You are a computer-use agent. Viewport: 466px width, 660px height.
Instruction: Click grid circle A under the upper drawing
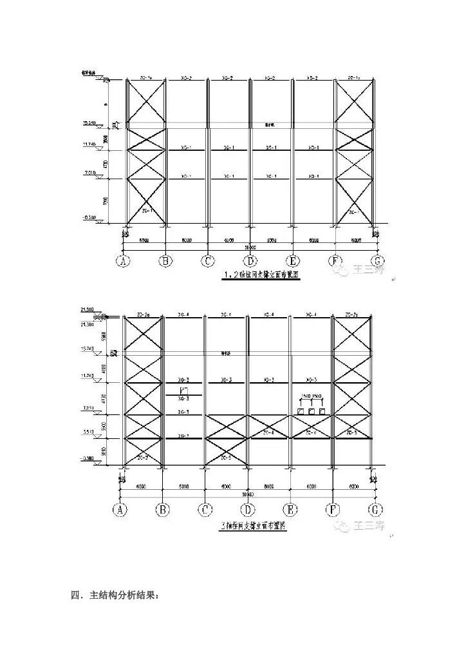tap(123, 261)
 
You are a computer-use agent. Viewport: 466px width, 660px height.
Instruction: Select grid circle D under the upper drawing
tap(250, 261)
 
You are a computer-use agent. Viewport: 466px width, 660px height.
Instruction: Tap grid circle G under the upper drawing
tap(377, 261)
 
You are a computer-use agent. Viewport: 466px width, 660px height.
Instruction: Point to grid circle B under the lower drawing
tap(163, 510)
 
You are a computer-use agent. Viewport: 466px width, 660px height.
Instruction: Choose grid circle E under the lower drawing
tap(290, 510)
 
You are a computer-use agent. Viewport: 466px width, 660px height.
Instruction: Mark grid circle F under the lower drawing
tap(333, 510)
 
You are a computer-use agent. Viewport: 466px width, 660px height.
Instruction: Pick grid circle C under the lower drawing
tap(205, 510)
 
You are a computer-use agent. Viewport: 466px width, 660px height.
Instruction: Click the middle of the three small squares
tap(312, 411)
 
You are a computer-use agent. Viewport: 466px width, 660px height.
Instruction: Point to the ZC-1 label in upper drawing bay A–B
tap(146, 211)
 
